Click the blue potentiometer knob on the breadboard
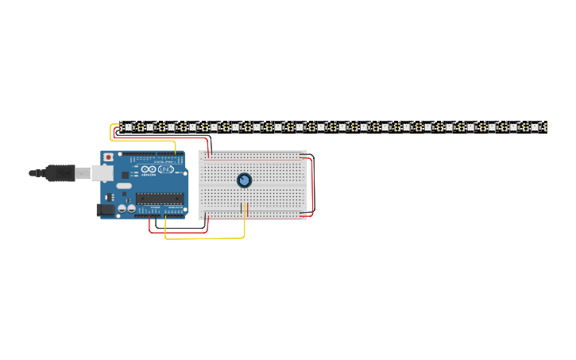[244, 180]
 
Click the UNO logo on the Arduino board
[166, 169]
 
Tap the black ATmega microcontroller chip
[160, 199]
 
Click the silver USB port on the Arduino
[102, 172]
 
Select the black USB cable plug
[60, 172]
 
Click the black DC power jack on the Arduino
[104, 210]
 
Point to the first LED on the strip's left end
[128, 126]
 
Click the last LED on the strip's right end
[535, 126]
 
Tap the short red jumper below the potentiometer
[248, 210]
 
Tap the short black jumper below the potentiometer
[241, 210]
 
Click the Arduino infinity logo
[149, 169]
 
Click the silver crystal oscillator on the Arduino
[124, 185]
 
